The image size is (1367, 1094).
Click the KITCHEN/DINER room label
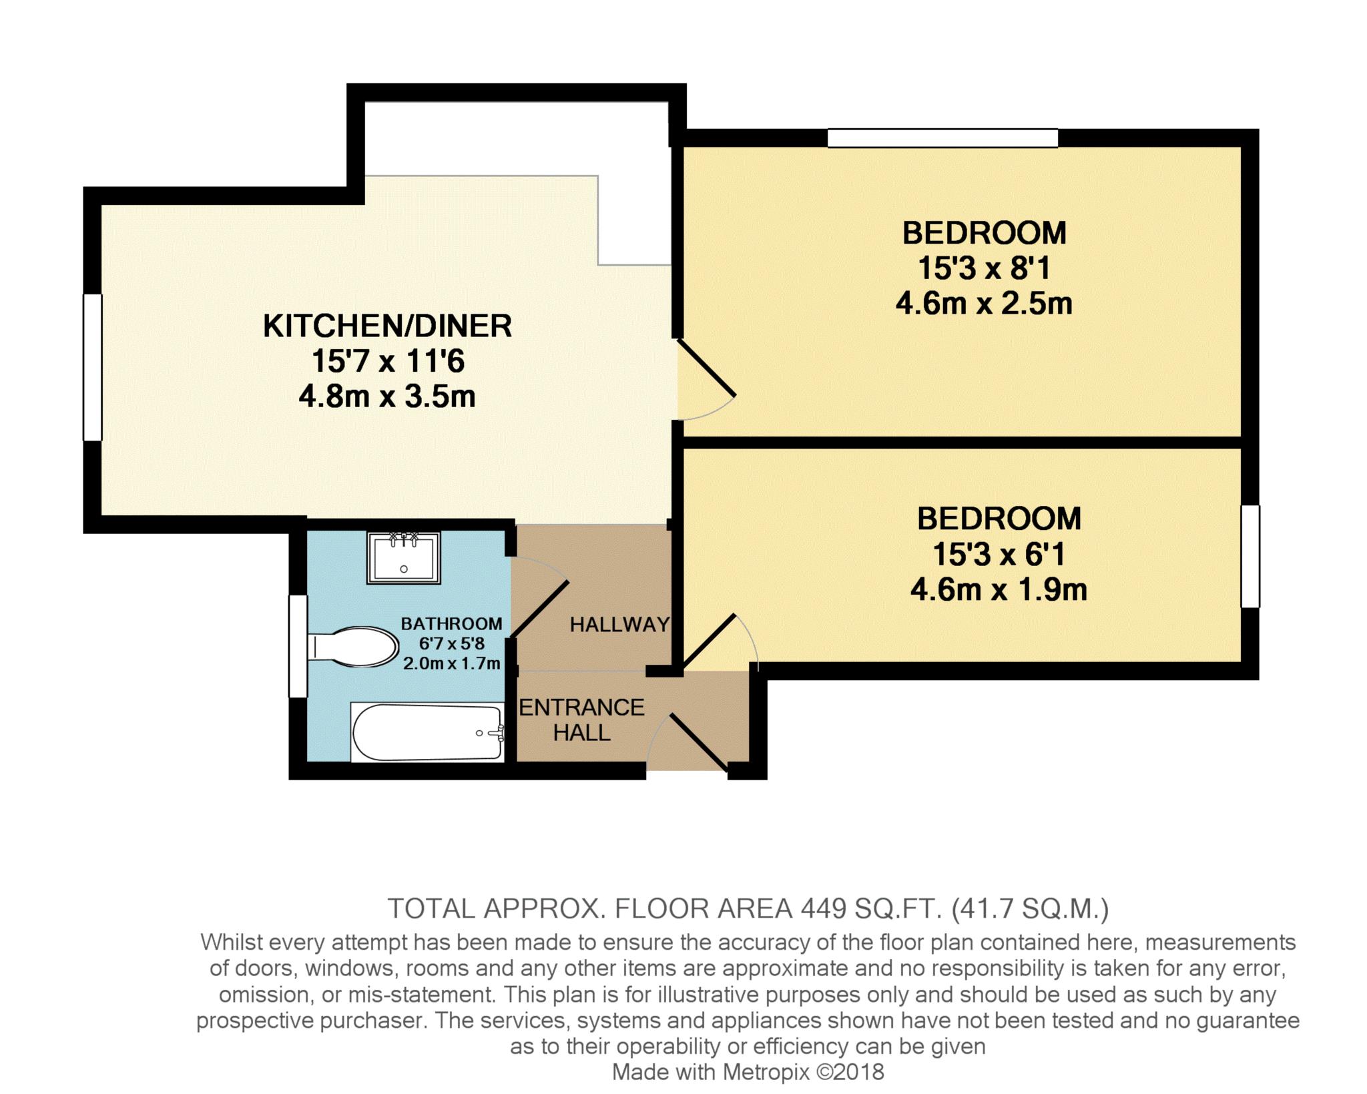387,326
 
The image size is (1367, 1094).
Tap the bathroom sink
403,558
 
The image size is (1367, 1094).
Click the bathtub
427,732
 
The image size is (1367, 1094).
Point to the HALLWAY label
619,624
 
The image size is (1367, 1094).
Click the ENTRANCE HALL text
581,720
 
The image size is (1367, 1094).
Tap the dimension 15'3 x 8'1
984,268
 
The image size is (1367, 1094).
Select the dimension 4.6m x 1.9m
999,589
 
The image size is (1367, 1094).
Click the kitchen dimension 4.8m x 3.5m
387,396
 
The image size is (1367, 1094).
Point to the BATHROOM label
451,623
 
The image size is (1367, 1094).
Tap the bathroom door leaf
539,608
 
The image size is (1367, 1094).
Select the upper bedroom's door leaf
707,368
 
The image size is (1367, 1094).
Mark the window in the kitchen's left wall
92,367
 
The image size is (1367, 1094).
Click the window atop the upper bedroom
942,138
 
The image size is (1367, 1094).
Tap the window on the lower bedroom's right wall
1250,556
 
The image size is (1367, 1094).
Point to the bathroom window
298,646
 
